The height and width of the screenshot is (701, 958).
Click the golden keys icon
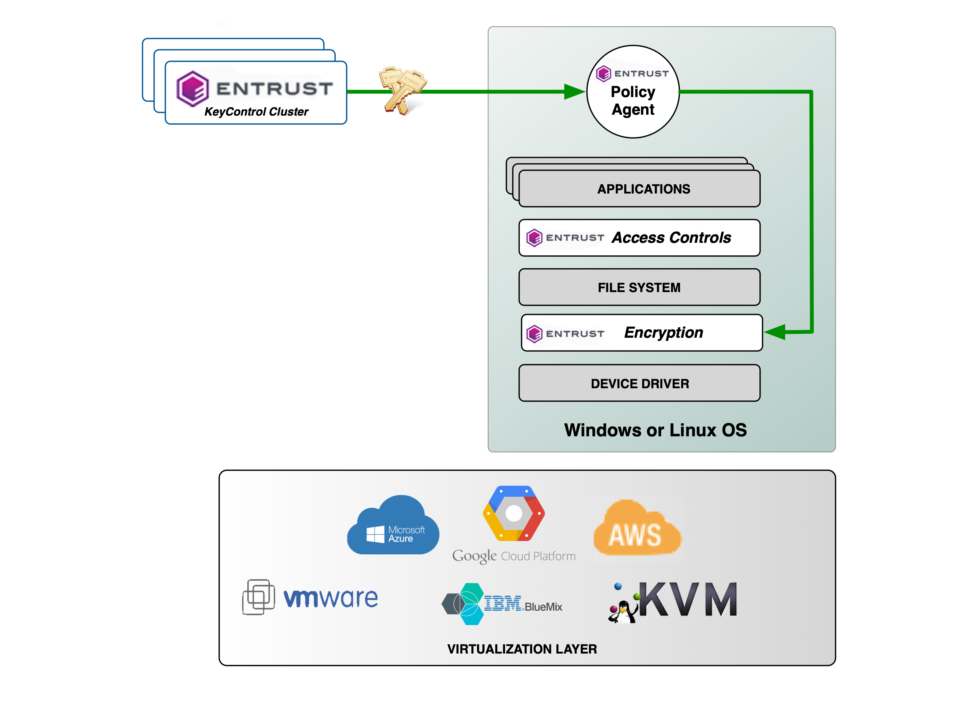pos(402,90)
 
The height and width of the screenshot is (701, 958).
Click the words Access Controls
pos(671,238)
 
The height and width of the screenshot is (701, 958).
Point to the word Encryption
pos(663,333)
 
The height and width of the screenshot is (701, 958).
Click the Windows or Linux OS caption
pos(655,430)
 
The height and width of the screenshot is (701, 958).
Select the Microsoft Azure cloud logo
pos(392,526)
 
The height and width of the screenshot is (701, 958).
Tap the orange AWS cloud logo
pos(636,528)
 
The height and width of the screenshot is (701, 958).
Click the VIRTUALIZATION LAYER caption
pos(521,649)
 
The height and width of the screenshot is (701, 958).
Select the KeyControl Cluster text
pos(256,112)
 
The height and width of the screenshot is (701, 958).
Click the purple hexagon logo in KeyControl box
pos(192,89)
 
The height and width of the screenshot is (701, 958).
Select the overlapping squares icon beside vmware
pos(258,597)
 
